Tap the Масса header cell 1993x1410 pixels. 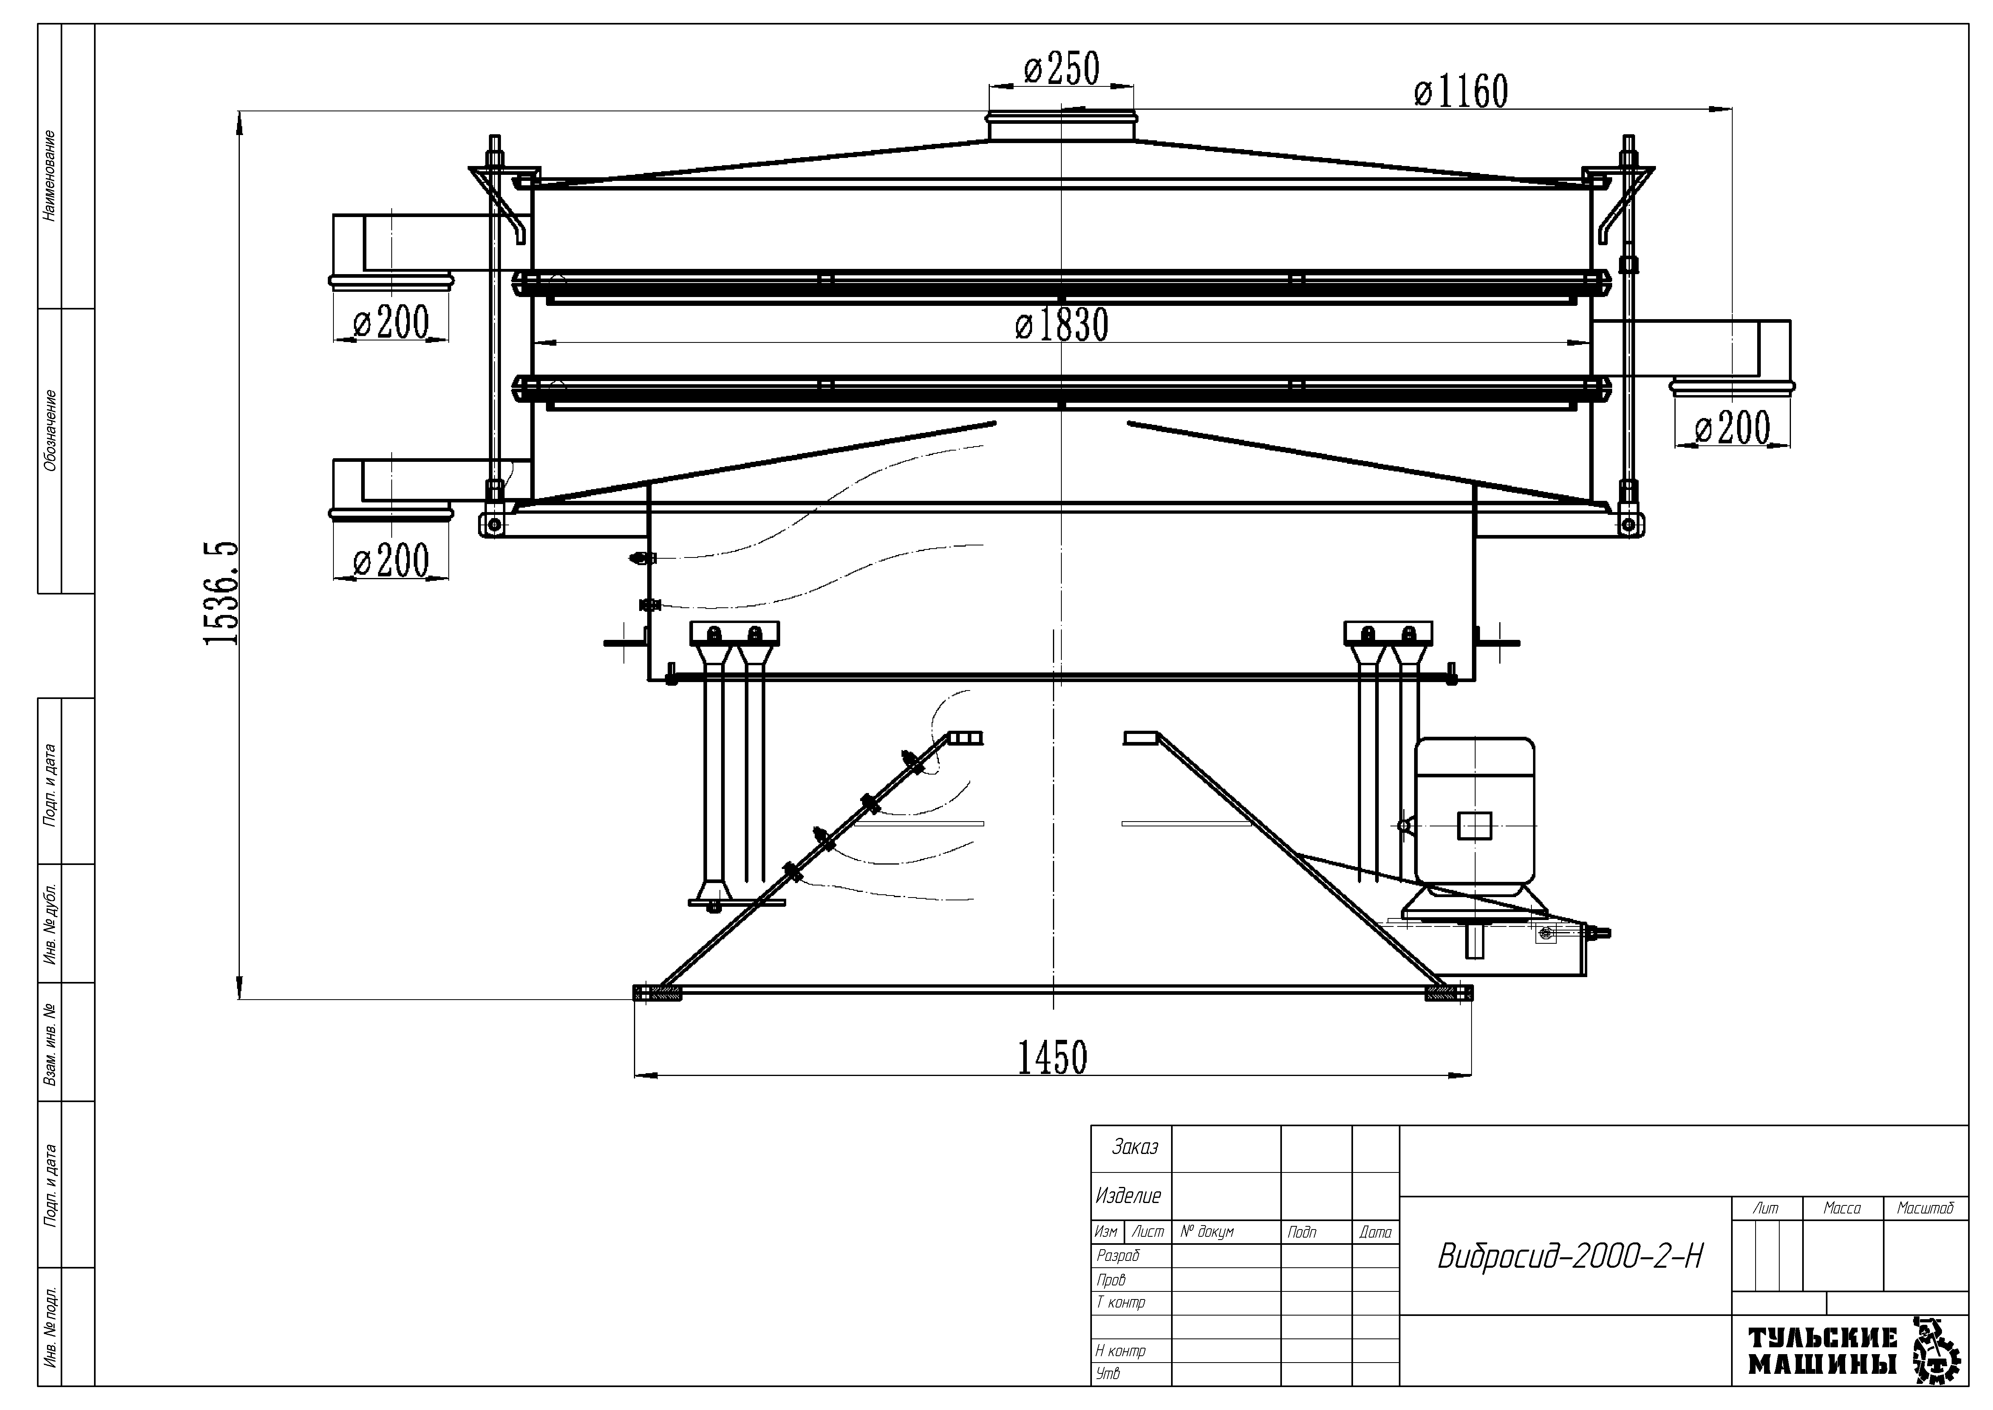1842,1208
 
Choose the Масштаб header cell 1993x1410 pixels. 1925,1208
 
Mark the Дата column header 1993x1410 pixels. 1375,1232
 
